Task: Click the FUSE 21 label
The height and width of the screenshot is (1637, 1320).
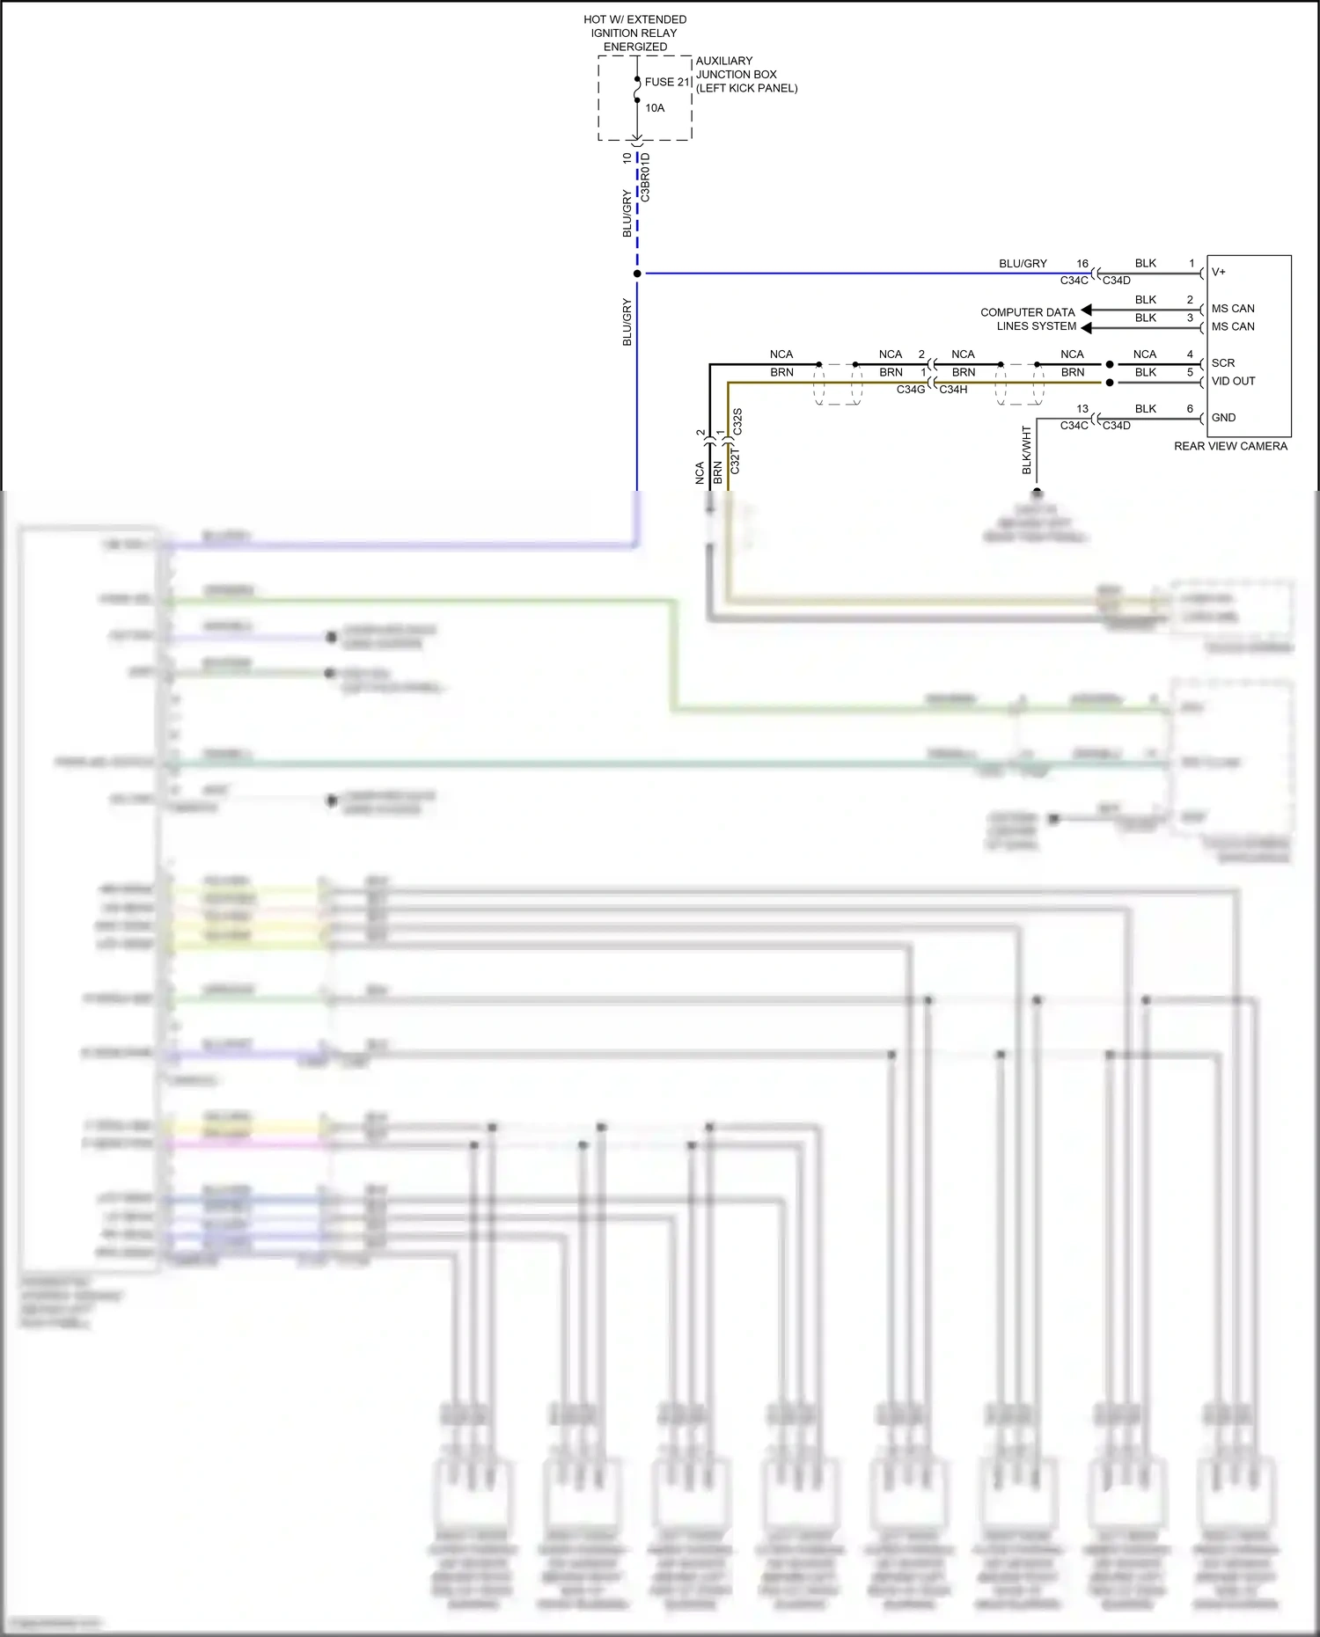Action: click(x=666, y=82)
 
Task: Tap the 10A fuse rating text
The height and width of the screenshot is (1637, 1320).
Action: click(x=655, y=108)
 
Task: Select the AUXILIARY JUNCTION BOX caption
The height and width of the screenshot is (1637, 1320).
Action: click(x=745, y=75)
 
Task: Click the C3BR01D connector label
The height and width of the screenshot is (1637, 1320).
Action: click(x=645, y=178)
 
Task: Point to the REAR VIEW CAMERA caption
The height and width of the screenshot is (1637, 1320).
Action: click(x=1229, y=447)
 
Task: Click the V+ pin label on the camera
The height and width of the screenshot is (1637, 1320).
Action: click(x=1219, y=272)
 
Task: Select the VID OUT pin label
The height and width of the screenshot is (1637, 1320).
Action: click(x=1233, y=381)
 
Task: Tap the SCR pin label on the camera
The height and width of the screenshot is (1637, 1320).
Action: click(x=1222, y=363)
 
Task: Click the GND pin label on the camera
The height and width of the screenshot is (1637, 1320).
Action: click(x=1223, y=418)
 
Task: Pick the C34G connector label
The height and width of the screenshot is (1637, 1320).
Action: click(x=911, y=390)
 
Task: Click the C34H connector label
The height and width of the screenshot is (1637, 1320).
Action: click(x=953, y=390)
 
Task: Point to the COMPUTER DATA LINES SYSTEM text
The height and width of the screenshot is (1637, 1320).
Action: click(x=1028, y=319)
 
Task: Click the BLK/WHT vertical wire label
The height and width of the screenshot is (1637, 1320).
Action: click(x=1026, y=450)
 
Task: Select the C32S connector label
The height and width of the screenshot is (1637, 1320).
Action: click(x=737, y=421)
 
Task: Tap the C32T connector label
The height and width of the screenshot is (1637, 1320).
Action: click(x=736, y=461)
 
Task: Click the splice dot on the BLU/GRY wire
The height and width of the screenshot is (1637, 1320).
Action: click(x=637, y=274)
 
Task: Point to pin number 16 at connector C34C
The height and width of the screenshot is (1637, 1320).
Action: click(x=1082, y=264)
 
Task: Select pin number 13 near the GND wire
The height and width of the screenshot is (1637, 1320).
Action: click(x=1082, y=409)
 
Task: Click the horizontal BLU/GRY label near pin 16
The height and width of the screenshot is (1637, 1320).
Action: click(x=1023, y=264)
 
